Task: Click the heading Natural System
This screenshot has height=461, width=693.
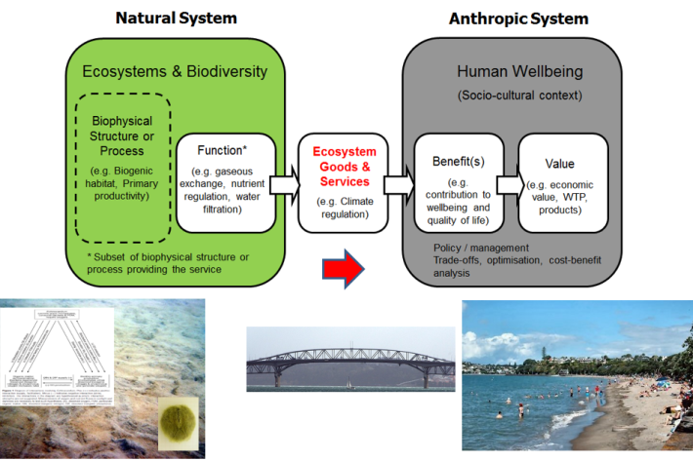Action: tap(176, 19)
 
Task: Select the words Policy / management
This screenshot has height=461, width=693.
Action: tap(480, 249)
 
